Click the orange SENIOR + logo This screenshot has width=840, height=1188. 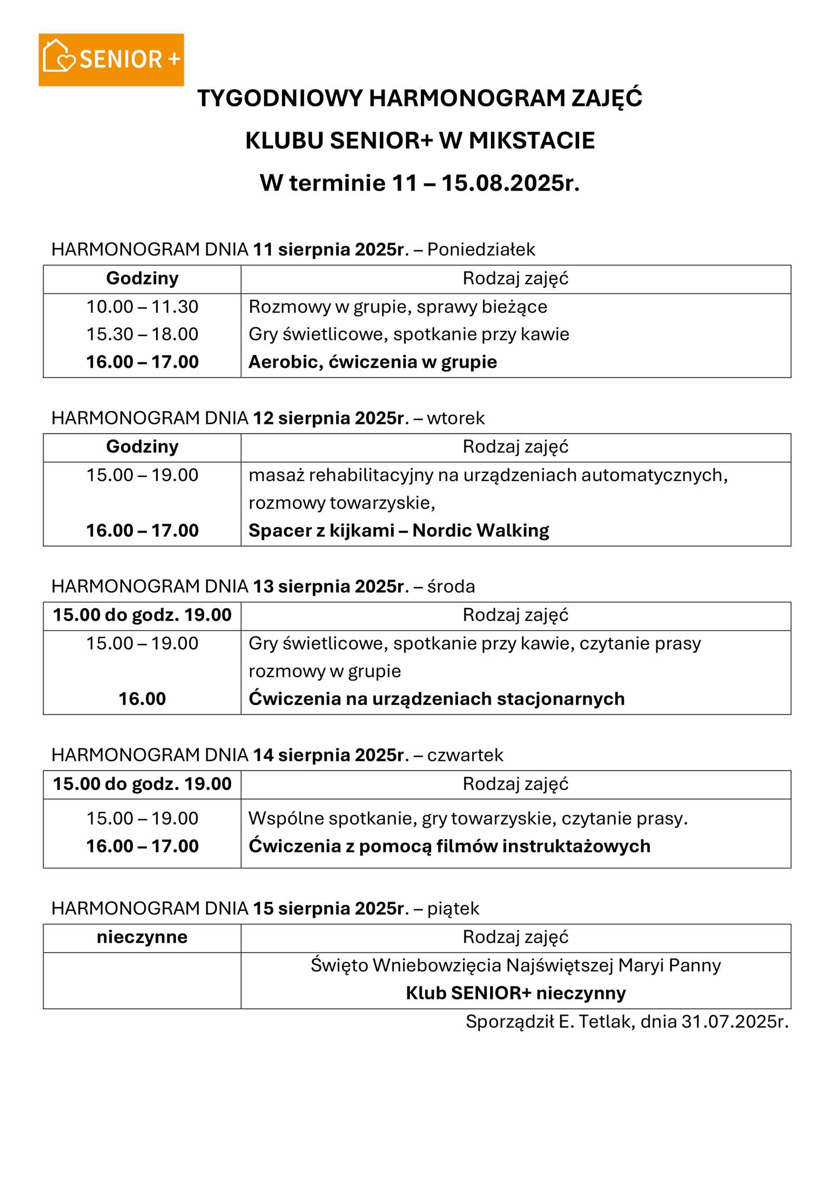(111, 59)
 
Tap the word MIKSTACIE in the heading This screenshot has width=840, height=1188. (532, 140)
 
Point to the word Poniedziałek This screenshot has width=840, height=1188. (481, 249)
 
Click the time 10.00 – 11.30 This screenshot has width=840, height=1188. (142, 307)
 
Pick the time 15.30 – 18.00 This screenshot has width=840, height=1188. (142, 334)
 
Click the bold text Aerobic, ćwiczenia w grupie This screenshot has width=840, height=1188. (372, 362)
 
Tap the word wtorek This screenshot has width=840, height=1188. (455, 418)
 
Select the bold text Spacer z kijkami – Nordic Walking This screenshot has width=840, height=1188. (398, 530)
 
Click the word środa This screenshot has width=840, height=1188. (451, 586)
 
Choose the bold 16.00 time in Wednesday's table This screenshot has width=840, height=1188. (142, 699)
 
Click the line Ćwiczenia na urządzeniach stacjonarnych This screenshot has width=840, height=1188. (436, 699)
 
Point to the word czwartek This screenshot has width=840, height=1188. (465, 755)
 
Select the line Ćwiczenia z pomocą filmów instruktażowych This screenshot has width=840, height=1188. (449, 846)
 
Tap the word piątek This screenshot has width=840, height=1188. (453, 908)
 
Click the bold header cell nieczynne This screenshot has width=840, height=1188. (142, 937)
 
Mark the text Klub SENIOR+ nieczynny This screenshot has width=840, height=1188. (515, 993)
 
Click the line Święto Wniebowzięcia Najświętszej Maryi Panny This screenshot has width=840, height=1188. (515, 965)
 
